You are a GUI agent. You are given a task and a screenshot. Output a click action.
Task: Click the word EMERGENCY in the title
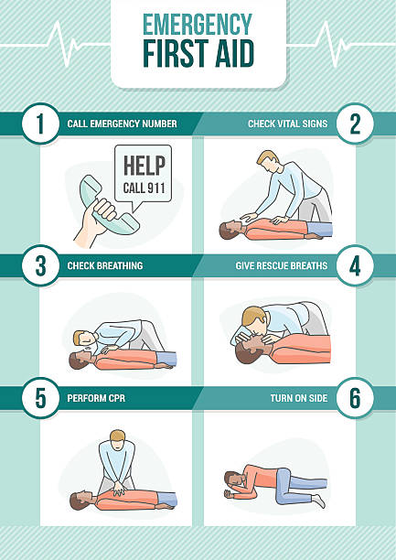pyautogui.click(x=198, y=25)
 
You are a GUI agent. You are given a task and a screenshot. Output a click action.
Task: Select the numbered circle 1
pyautogui.click(x=40, y=124)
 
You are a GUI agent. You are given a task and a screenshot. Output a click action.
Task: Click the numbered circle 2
pyautogui.click(x=355, y=124)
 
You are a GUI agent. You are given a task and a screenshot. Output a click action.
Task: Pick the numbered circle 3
pyautogui.click(x=40, y=265)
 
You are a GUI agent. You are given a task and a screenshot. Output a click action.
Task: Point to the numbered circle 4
pyautogui.click(x=355, y=265)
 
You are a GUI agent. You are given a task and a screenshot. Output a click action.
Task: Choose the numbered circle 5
pyautogui.click(x=40, y=398)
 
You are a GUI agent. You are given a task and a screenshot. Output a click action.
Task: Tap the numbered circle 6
pyautogui.click(x=355, y=398)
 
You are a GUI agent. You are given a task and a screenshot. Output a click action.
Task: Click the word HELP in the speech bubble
pyautogui.click(x=144, y=166)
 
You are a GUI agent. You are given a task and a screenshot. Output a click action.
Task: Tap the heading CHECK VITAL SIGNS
pyautogui.click(x=287, y=124)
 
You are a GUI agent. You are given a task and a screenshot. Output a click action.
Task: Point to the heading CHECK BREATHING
pyautogui.click(x=105, y=265)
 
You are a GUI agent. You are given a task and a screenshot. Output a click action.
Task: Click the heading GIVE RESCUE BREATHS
pyautogui.click(x=282, y=265)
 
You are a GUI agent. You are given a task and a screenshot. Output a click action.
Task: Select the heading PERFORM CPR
pyautogui.click(x=96, y=398)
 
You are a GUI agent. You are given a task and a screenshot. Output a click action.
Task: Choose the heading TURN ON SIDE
pyautogui.click(x=299, y=398)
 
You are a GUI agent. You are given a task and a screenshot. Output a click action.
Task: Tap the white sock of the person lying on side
pyautogui.click(x=319, y=500)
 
